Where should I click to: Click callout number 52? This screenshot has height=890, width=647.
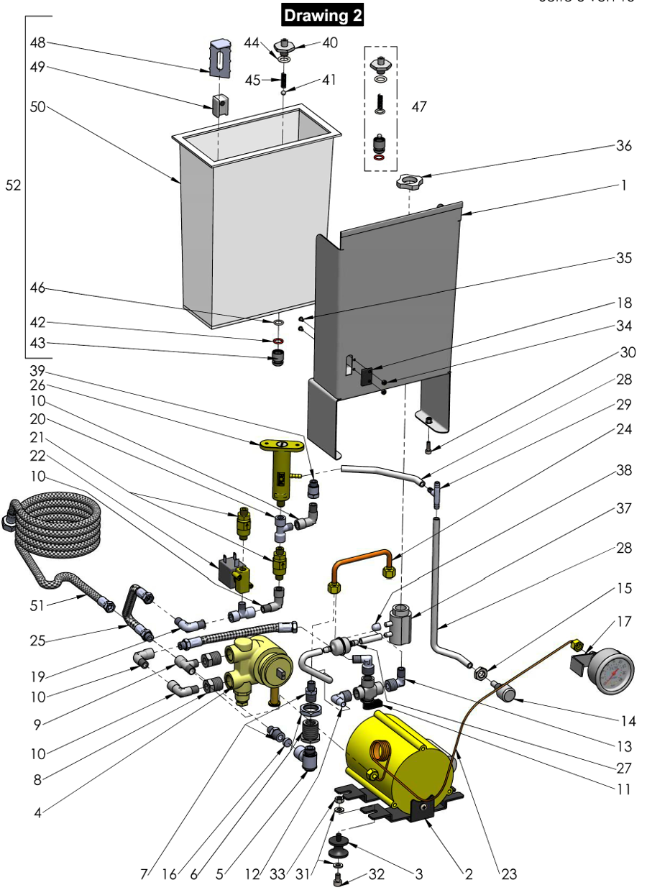[13, 185]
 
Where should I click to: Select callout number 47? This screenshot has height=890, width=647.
[418, 106]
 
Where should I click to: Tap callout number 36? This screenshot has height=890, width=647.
[623, 146]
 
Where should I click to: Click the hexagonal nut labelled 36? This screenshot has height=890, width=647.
[408, 180]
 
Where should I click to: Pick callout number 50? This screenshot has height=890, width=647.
[37, 106]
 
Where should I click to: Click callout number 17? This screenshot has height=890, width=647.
[623, 620]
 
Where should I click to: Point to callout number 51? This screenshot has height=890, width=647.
[37, 605]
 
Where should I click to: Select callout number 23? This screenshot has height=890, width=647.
[508, 874]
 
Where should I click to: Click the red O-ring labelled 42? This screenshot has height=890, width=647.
[277, 340]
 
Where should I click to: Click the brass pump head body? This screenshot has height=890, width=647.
[255, 665]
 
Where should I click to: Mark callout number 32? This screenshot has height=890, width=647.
[377, 874]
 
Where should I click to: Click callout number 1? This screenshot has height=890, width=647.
[623, 185]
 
